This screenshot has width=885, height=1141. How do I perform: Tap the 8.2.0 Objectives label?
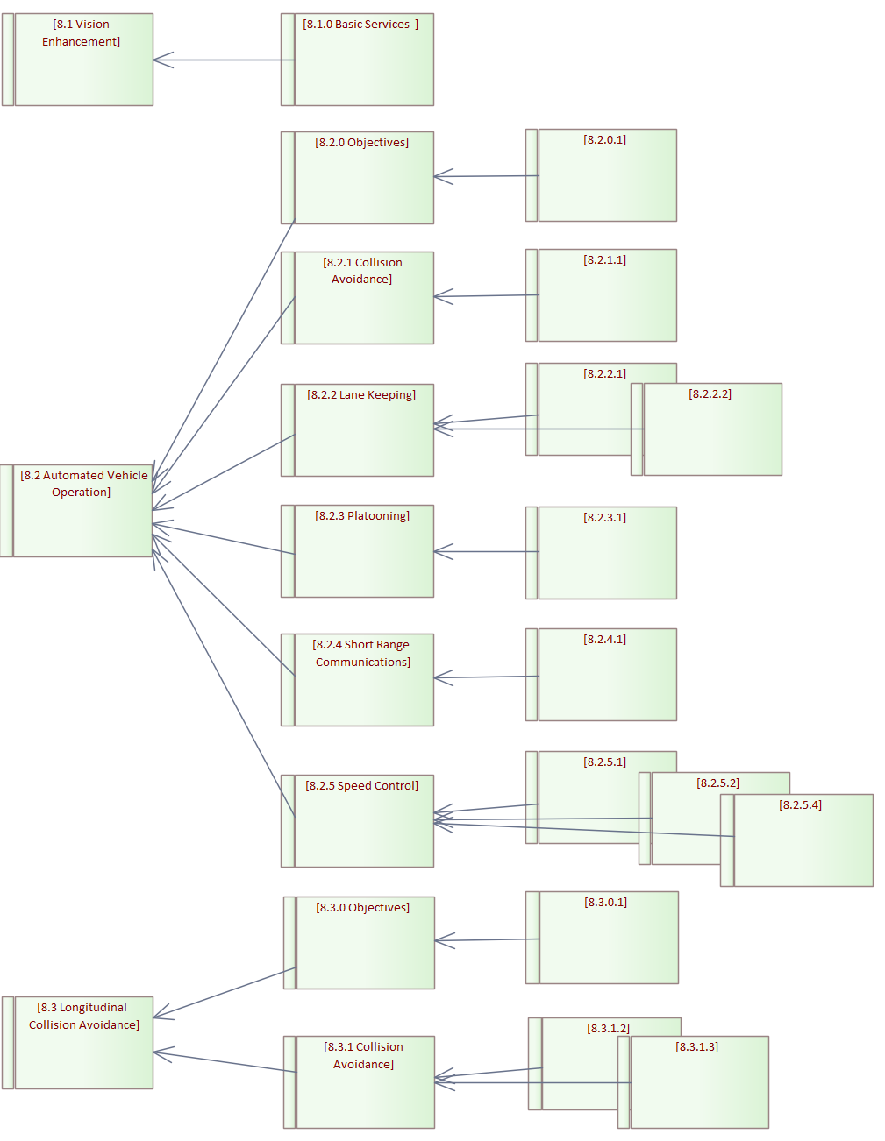click(x=361, y=143)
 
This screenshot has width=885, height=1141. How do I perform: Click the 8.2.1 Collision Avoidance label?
click(x=361, y=271)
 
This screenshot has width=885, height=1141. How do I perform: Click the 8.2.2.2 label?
click(x=710, y=394)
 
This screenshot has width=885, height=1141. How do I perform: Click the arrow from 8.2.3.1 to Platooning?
click(x=487, y=551)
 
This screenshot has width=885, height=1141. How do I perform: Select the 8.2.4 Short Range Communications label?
click(x=362, y=654)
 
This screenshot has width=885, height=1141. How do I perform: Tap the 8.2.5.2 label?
click(x=717, y=783)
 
